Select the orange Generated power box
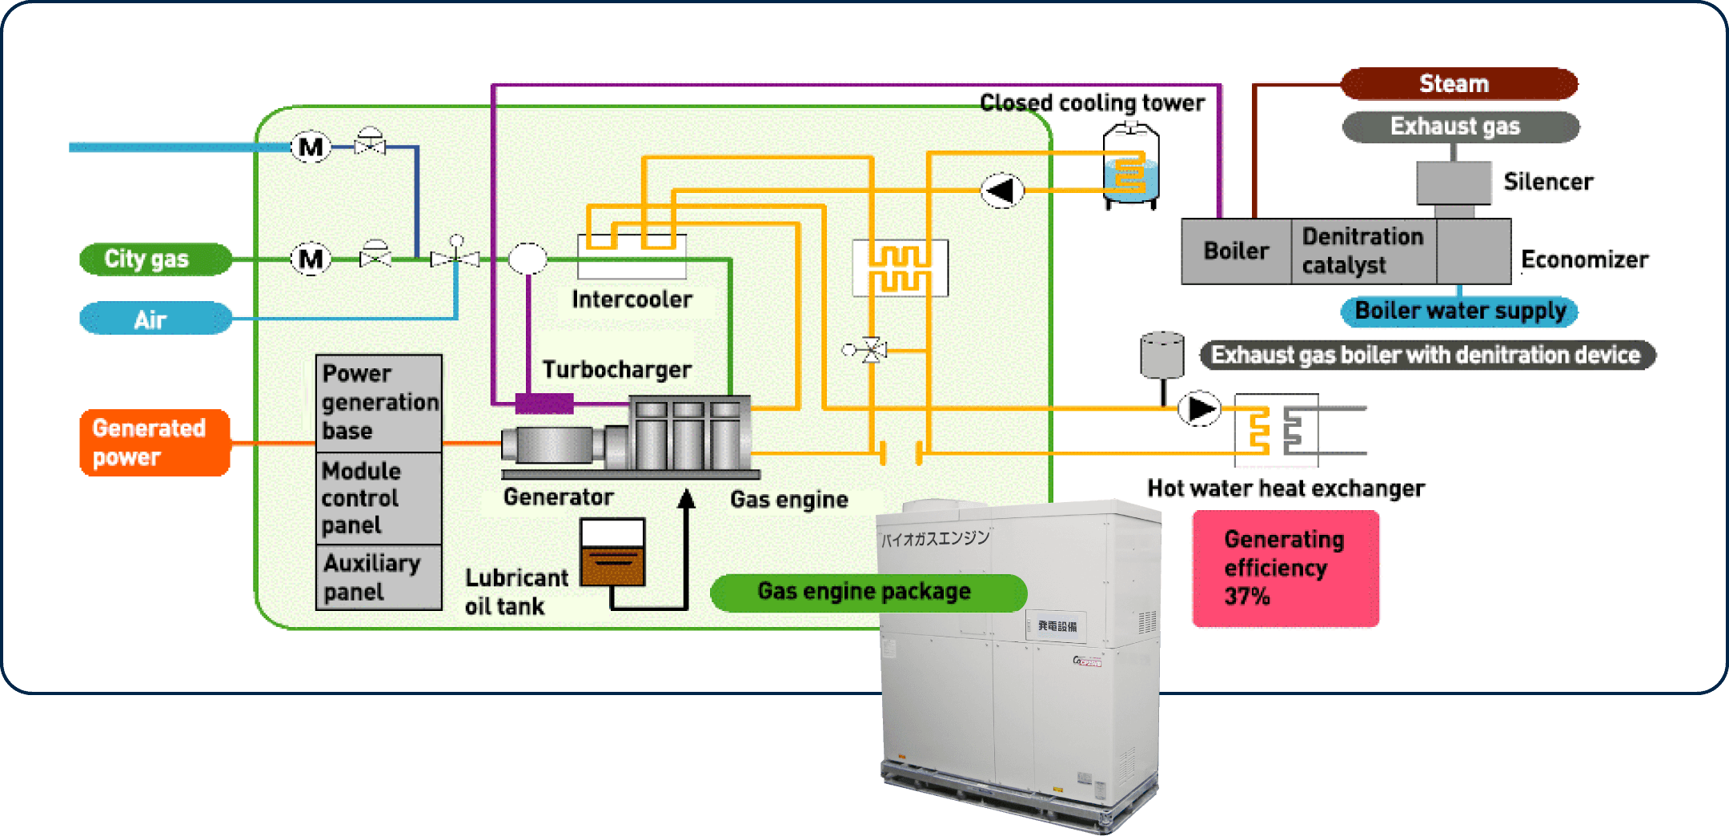(x=154, y=442)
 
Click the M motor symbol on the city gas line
(x=311, y=259)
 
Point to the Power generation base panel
(x=379, y=402)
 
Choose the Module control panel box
(x=379, y=498)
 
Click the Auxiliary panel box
(x=379, y=577)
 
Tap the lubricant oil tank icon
(x=612, y=553)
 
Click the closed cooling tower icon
(x=1130, y=167)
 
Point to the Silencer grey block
(x=1454, y=183)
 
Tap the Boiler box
(x=1236, y=251)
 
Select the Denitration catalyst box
(x=1362, y=251)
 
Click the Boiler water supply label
(x=1459, y=311)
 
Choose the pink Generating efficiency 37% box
(x=1285, y=568)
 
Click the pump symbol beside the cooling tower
(x=1001, y=191)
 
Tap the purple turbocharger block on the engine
(x=544, y=403)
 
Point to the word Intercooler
(x=632, y=299)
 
